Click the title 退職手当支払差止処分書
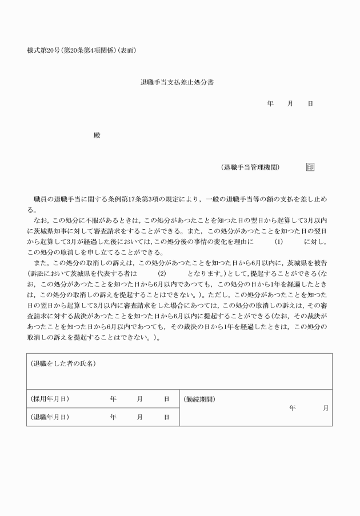[177, 82]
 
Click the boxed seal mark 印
[310, 167]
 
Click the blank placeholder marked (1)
[279, 242]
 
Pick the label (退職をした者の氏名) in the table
[63, 364]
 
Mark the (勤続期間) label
[200, 399]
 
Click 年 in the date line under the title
[270, 103]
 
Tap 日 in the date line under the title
[310, 103]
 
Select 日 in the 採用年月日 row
[167, 399]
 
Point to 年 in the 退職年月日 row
[113, 417]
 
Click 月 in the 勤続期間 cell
[326, 408]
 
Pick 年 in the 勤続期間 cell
[293, 408]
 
